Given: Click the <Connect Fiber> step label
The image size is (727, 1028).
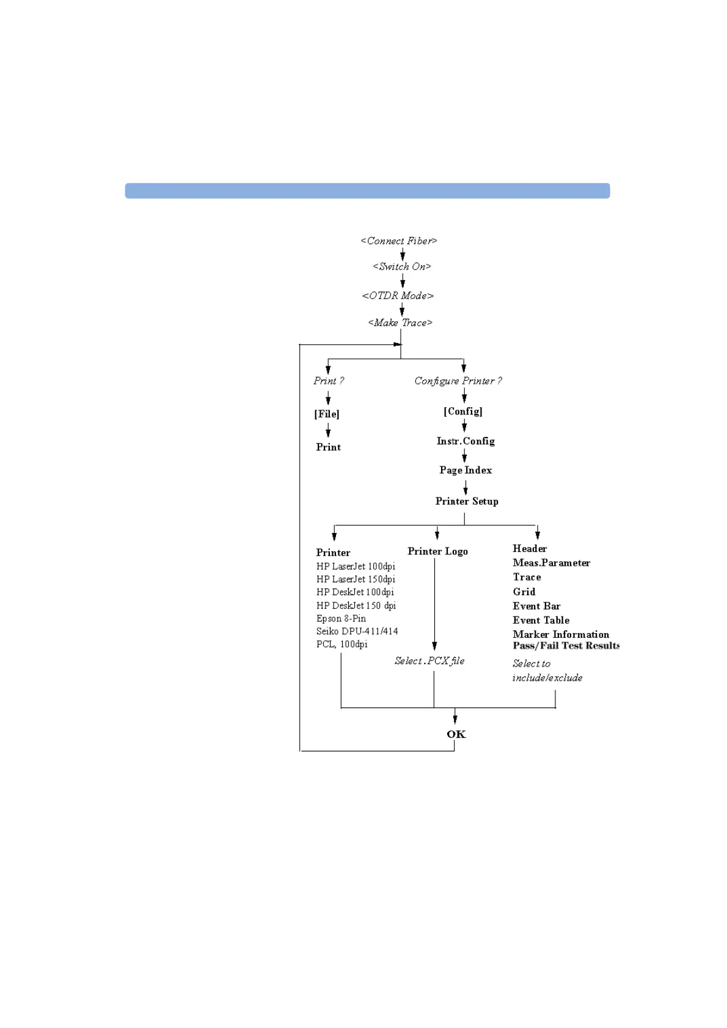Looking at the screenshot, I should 399,241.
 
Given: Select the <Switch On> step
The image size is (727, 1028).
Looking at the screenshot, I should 402,266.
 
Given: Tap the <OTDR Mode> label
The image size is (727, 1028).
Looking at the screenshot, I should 398,295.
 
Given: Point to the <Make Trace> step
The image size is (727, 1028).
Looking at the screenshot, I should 400,322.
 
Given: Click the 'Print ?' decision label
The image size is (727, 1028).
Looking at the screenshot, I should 329,380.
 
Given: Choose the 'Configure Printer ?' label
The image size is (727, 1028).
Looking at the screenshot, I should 458,380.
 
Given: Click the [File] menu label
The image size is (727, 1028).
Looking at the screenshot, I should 327,414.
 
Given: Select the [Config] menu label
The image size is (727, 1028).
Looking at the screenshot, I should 463,411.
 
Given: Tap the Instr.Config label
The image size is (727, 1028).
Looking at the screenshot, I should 466,441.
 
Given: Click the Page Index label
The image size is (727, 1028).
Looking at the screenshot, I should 466,470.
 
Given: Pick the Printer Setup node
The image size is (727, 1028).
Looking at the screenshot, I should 467,501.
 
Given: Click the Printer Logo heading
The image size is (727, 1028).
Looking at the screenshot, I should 437,551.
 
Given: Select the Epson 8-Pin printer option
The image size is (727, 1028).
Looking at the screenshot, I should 341,618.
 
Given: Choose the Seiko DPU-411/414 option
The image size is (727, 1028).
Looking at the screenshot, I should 357,631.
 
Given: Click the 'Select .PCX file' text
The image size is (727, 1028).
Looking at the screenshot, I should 429,661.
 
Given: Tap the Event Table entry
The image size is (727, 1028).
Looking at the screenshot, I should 541,620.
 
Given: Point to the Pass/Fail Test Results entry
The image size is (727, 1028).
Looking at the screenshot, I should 566,645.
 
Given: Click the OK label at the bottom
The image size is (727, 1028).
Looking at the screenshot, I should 456,734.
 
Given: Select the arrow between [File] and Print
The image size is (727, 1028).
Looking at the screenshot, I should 328,430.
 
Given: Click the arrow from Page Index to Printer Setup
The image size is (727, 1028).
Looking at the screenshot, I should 466,487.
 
